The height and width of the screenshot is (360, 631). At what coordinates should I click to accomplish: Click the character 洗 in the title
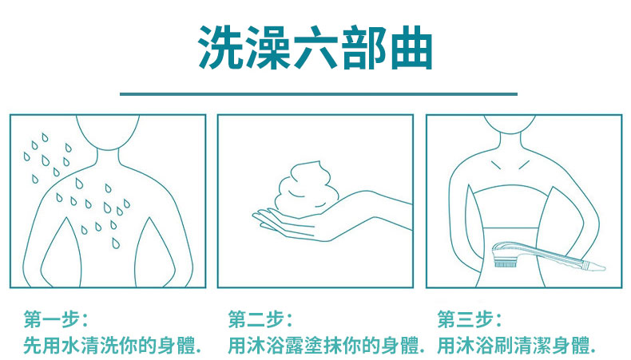tap(220, 47)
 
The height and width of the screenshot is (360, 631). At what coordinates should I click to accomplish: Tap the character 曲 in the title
tap(411, 47)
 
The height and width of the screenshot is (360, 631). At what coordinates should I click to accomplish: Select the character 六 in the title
tap(315, 47)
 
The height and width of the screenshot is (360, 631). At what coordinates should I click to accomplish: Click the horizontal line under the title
tap(319, 94)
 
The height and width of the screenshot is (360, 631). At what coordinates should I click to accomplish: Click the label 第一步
tap(51, 319)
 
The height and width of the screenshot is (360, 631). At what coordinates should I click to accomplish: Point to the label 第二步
tap(256, 319)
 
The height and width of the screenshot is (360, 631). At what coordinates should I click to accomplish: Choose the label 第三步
tap(465, 319)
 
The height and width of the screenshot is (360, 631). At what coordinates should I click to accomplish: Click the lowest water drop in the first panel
tap(116, 243)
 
